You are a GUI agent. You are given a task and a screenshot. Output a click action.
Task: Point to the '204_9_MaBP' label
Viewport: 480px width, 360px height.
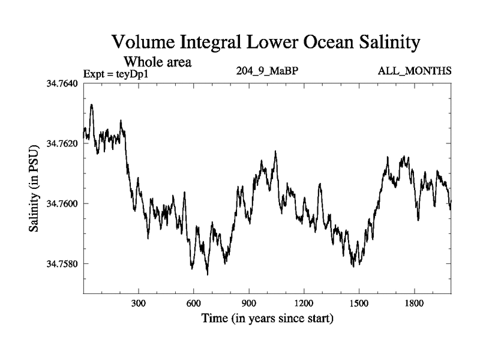coord(268,71)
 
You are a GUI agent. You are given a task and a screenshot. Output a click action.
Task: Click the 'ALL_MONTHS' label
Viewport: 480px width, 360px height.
coord(414,71)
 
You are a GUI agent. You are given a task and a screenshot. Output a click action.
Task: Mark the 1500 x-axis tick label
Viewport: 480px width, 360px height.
coord(359,303)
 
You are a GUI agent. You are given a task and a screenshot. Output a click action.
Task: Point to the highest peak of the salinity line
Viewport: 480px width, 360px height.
coord(91,104)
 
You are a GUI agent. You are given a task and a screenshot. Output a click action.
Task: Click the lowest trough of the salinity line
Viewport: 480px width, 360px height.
coord(208,274)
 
